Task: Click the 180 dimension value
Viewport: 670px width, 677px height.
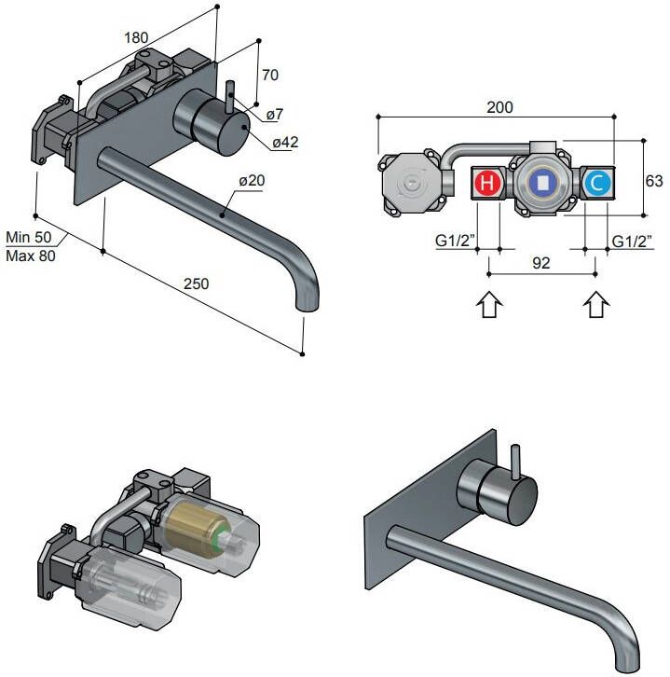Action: (x=136, y=38)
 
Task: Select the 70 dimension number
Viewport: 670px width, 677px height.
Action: (x=270, y=75)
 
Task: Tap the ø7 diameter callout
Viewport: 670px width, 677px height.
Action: (x=274, y=114)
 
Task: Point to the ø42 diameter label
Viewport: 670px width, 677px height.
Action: (x=284, y=142)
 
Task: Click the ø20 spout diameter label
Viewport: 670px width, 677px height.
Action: (x=250, y=181)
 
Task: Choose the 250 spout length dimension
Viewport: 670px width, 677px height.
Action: (x=196, y=283)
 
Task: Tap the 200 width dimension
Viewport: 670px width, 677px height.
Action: (x=499, y=107)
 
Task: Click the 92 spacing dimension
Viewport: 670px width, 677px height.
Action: (x=541, y=262)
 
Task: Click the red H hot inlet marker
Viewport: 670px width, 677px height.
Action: (x=488, y=183)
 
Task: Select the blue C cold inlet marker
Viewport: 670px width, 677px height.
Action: (x=597, y=183)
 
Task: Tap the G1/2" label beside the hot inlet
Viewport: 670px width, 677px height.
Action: (x=456, y=241)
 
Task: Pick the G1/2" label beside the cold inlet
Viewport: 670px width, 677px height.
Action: (x=632, y=241)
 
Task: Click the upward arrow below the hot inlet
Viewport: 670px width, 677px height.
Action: (x=489, y=306)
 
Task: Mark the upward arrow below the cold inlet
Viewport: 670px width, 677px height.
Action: (x=596, y=306)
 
